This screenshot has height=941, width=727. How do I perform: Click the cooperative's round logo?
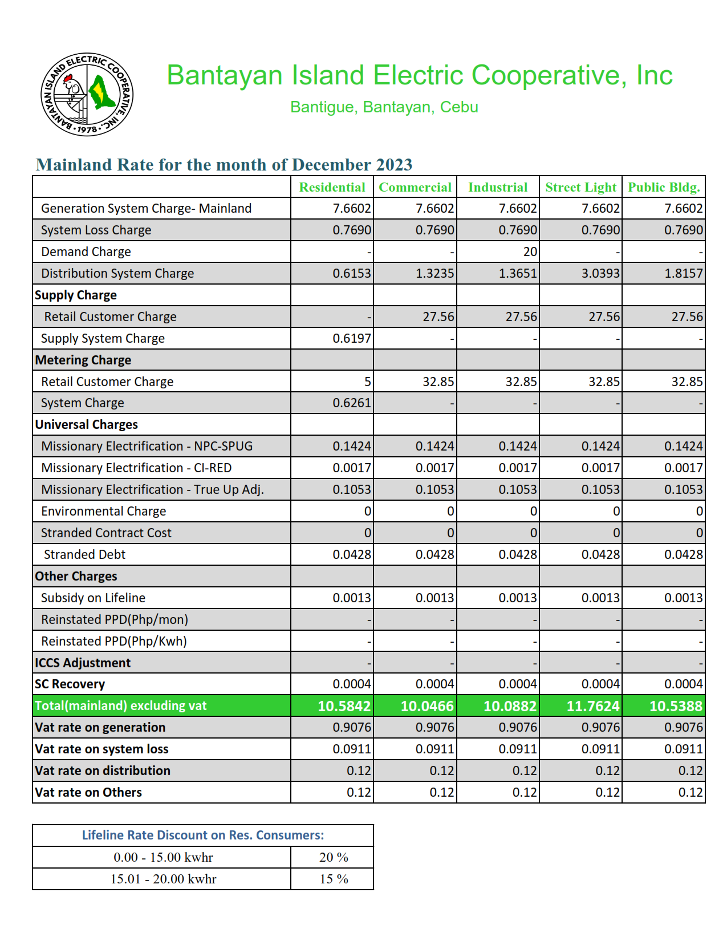87,95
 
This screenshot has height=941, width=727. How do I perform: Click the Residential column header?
332,187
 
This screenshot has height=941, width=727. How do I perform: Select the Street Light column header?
580,187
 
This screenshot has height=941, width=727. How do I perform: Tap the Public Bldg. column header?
664,187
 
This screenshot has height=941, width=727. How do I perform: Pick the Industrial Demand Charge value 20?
530,252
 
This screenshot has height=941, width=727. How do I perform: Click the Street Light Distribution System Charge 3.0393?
600,273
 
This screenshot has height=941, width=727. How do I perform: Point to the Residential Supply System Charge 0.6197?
352,338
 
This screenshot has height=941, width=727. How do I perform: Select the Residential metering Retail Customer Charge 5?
368,382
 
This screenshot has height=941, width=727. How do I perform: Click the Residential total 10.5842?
344,706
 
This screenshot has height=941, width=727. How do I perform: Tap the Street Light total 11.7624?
592,706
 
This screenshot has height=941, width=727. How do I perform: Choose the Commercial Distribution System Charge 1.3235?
434,273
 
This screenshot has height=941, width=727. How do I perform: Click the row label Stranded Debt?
84,554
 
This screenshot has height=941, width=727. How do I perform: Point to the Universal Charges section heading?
87,424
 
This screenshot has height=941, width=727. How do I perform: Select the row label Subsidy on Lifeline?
93,598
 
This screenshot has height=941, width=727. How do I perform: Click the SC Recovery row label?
70,684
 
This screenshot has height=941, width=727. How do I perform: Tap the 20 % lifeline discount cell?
334,857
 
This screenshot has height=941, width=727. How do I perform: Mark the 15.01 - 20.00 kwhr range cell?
163,879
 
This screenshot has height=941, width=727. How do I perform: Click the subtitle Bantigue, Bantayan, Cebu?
384,107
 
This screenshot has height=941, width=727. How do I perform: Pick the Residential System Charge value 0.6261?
352,403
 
